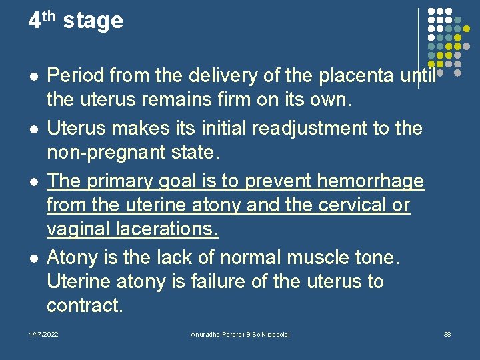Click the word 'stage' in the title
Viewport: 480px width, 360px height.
93,21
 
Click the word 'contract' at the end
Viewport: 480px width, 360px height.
84,307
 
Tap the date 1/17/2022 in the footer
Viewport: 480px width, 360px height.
43,334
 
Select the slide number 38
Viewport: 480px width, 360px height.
447,334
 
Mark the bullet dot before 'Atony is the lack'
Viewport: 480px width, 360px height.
31,257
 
